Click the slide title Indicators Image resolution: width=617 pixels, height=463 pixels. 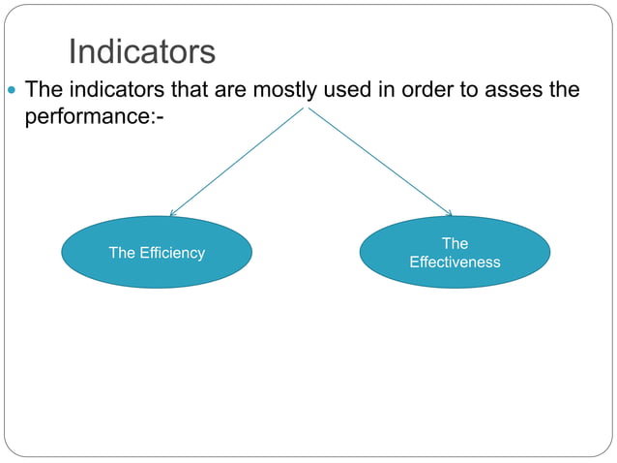click(x=141, y=52)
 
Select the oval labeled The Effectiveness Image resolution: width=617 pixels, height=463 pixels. click(x=455, y=253)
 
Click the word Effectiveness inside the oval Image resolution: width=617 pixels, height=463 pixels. click(x=455, y=262)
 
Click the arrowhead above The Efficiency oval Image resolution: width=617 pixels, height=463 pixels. click(x=172, y=212)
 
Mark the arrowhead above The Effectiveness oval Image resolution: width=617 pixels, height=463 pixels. click(x=449, y=213)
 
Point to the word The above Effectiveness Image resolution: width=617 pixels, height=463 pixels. click(x=455, y=244)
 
